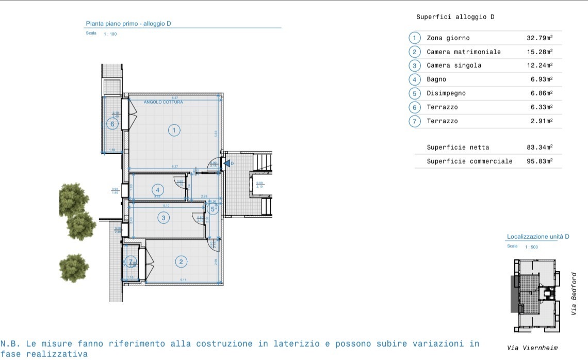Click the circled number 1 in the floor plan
pyautogui.click(x=174, y=130)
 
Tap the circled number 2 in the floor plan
pyautogui.click(x=181, y=261)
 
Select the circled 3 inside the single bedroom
pyautogui.click(x=164, y=218)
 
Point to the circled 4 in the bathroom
pyautogui.click(x=158, y=191)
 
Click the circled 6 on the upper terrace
pyautogui.click(x=111, y=124)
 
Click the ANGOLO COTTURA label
pyautogui.click(x=163, y=102)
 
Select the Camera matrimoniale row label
pyautogui.click(x=463, y=52)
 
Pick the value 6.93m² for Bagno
pyautogui.click(x=542, y=79)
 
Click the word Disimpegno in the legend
pyautogui.click(x=446, y=93)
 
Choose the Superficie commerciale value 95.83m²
pyautogui.click(x=540, y=161)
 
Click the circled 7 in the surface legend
pyautogui.click(x=415, y=121)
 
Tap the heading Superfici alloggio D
pyautogui.click(x=455, y=17)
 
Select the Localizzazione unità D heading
pyautogui.click(x=537, y=237)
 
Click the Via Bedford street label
pyautogui.click(x=574, y=293)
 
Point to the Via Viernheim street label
pyautogui.click(x=532, y=348)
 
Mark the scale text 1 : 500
pyautogui.click(x=531, y=247)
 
